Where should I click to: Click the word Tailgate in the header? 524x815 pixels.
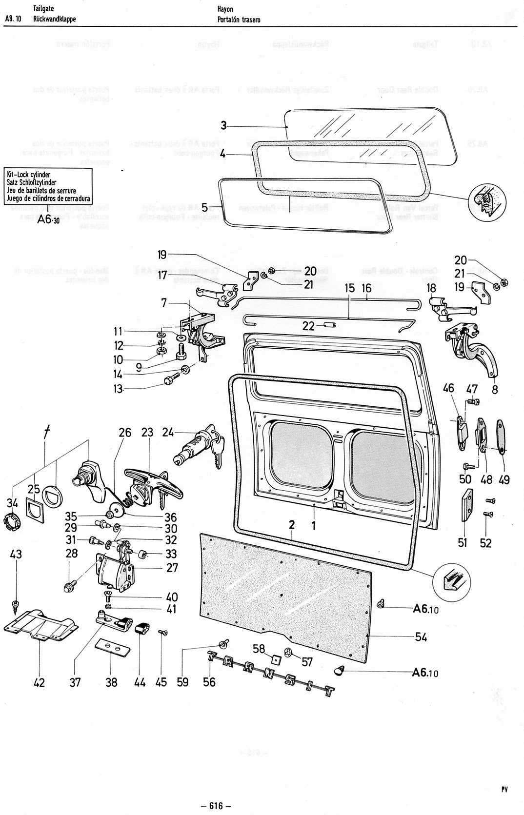point(43,9)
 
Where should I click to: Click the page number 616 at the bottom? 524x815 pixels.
point(216,805)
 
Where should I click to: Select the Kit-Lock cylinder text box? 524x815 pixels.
point(48,186)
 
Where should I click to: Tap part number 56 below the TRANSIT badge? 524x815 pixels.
point(209,681)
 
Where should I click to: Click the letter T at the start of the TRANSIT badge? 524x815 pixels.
point(213,657)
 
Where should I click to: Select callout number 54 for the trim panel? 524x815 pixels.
point(421,636)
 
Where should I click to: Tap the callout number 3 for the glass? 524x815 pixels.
point(223,126)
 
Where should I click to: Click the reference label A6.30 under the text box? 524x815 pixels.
point(47,219)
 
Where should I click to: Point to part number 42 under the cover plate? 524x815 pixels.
point(39,682)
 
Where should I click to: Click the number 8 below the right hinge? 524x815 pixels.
point(495,390)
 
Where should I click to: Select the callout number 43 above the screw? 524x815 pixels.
point(16,554)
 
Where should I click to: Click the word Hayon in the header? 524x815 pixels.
point(225,9)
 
